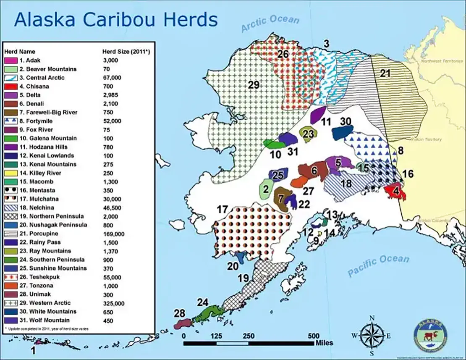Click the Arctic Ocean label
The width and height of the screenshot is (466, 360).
click(x=270, y=24)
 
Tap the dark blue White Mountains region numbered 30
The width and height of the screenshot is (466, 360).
click(x=343, y=133)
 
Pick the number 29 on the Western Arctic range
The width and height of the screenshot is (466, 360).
click(x=254, y=85)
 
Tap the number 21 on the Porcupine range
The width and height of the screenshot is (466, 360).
click(x=385, y=74)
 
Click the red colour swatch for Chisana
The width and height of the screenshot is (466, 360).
click(x=10, y=87)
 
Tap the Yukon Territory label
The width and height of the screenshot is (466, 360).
click(x=426, y=139)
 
